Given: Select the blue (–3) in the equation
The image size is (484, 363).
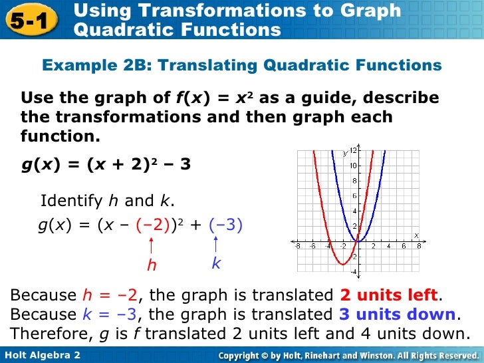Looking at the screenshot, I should tap(226, 225).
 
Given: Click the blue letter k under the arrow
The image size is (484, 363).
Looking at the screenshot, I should tap(216, 264).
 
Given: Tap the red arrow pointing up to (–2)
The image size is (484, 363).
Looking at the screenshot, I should tap(152, 245).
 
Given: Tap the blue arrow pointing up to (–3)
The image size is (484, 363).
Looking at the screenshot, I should tap(217, 244).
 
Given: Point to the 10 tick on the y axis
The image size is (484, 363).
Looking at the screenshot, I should tap(354, 166).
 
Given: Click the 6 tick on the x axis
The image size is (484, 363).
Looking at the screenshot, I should tap(404, 247).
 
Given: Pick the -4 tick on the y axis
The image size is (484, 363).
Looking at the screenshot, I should tap(354, 272).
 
